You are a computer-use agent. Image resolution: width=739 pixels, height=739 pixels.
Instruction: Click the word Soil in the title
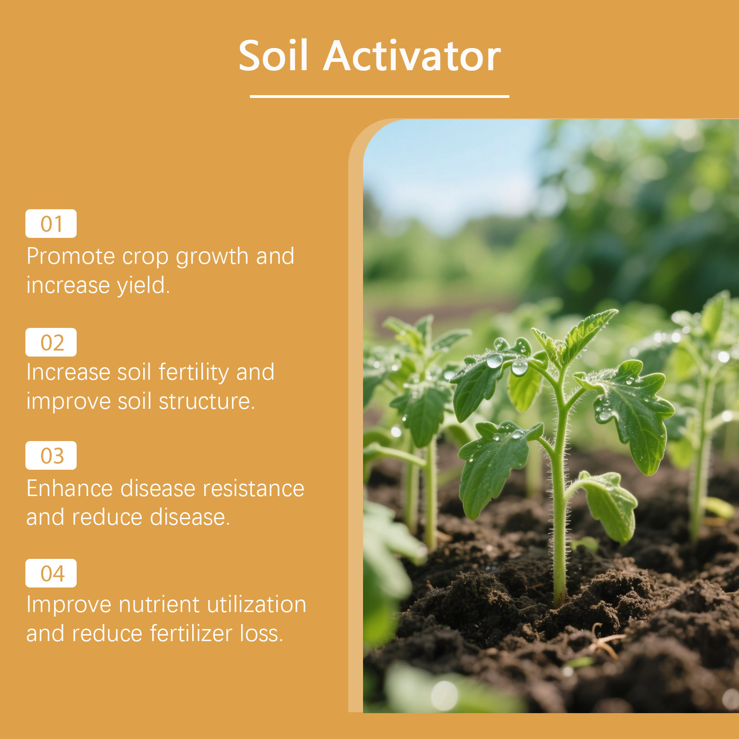click(x=273, y=55)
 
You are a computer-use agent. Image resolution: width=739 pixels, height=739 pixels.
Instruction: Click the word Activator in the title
click(x=412, y=56)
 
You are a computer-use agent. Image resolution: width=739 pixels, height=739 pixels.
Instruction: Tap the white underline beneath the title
click(x=379, y=96)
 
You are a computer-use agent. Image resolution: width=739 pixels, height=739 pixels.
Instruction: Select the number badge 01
click(x=51, y=224)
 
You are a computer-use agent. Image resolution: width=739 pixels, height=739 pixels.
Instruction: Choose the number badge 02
click(x=51, y=342)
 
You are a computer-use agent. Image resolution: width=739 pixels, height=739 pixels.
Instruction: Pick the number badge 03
click(x=51, y=455)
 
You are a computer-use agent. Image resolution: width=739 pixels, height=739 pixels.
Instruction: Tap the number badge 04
click(x=51, y=573)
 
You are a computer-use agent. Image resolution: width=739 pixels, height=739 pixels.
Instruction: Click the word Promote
click(x=71, y=256)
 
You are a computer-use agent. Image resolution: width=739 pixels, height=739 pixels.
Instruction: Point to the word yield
click(x=143, y=285)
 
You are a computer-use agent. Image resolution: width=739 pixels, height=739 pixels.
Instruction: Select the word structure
click(x=207, y=401)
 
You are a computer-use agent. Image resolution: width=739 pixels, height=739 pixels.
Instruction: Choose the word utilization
click(x=256, y=604)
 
